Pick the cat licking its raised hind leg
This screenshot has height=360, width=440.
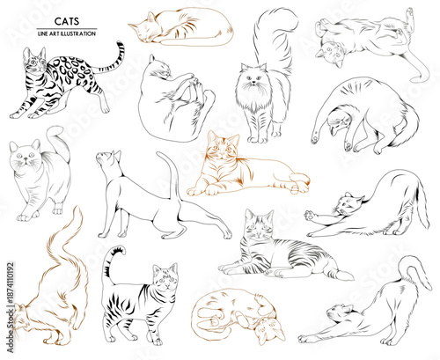tap(175, 97)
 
